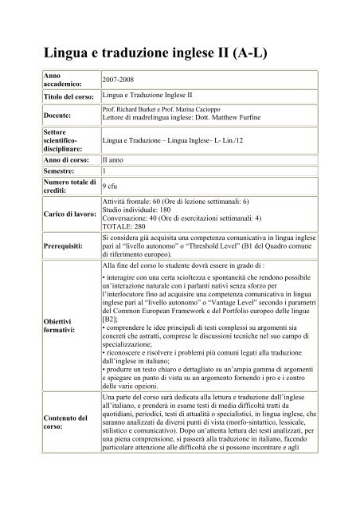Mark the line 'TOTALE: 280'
(127, 226)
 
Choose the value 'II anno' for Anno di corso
(117, 160)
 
